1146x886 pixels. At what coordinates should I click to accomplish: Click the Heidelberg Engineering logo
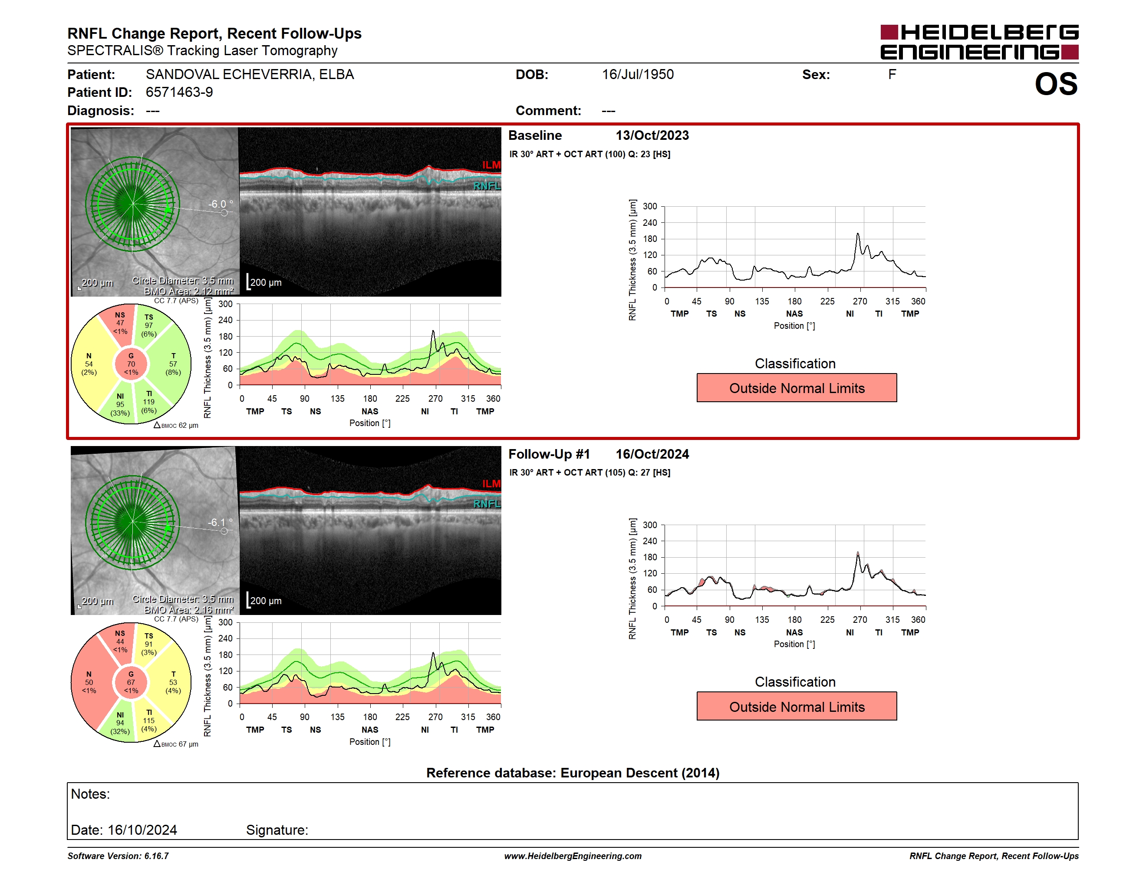click(x=979, y=42)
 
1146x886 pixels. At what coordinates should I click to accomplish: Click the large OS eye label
click(x=1056, y=84)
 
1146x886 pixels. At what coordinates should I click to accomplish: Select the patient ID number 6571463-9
click(x=179, y=93)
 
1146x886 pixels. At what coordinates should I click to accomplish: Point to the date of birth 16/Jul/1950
click(x=638, y=75)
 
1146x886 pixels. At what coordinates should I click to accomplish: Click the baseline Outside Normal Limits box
click(x=797, y=388)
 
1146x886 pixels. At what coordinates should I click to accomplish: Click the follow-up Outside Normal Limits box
click(x=797, y=707)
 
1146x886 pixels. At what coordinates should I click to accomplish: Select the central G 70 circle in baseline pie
click(x=131, y=364)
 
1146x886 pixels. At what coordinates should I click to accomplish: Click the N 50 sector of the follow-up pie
click(x=89, y=682)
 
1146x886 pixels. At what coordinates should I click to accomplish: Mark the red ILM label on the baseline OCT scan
click(x=491, y=165)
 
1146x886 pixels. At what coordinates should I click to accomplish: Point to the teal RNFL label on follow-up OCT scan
click(x=487, y=504)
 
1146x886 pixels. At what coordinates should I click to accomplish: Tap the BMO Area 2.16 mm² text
click(x=189, y=610)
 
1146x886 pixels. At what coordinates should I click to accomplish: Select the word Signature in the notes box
click(x=277, y=830)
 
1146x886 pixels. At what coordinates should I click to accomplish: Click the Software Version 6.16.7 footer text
click(x=118, y=856)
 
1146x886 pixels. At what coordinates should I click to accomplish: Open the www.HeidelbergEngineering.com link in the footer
click(x=573, y=856)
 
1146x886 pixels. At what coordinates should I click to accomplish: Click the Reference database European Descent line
click(x=573, y=773)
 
